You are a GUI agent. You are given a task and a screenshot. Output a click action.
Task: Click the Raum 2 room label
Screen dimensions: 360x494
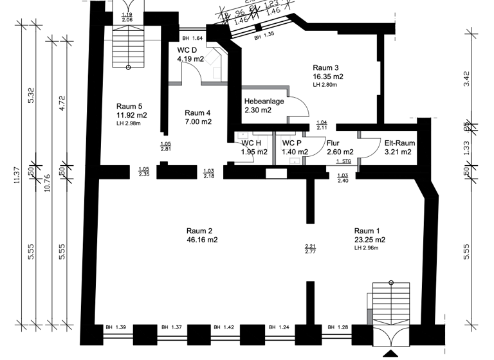(199, 231)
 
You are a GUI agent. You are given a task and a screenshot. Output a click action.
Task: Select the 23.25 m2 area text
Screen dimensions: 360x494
(370, 240)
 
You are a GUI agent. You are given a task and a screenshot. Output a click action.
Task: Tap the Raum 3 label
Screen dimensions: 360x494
(325, 67)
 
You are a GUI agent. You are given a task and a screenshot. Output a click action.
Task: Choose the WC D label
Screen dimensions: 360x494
(187, 50)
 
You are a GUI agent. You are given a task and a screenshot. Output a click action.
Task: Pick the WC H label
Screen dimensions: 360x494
(251, 143)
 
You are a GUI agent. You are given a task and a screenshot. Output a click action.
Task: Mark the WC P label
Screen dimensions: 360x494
(292, 143)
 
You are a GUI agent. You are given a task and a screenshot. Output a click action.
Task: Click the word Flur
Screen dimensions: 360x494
(333, 143)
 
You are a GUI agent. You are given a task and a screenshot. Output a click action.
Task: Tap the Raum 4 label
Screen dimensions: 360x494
(197, 113)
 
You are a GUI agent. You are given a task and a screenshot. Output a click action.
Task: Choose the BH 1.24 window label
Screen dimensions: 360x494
(279, 328)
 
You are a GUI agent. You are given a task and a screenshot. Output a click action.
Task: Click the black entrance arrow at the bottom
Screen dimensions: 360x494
(390, 354)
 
